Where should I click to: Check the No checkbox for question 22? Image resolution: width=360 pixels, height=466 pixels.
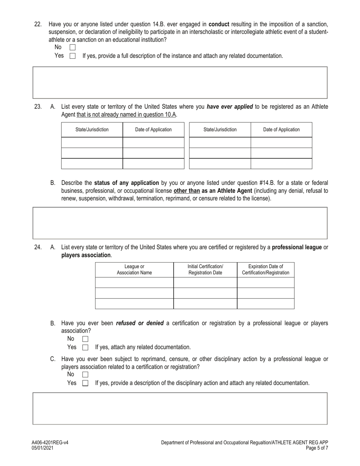point(72,47)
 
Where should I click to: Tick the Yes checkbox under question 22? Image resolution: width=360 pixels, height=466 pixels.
point(72,56)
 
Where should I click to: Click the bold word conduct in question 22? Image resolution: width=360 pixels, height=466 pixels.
point(219,24)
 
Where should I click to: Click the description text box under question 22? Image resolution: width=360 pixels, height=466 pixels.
point(180,83)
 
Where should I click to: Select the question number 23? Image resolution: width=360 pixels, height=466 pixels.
point(38,107)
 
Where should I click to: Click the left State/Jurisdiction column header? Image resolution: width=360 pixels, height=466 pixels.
point(92,130)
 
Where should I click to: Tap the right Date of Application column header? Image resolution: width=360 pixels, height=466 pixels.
point(281,130)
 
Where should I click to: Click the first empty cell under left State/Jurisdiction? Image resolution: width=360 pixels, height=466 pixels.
point(92,143)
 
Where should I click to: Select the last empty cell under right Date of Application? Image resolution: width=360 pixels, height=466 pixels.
point(281,164)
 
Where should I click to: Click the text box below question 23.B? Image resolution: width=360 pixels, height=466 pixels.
point(180,223)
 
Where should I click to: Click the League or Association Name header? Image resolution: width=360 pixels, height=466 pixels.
point(134,270)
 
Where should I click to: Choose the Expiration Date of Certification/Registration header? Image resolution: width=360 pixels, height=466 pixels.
point(265,270)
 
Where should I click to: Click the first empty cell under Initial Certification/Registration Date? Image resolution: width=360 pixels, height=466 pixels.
point(205,283)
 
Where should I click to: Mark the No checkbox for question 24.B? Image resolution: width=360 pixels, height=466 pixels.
point(85,339)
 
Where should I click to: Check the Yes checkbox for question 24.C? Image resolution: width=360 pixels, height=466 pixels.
point(85,383)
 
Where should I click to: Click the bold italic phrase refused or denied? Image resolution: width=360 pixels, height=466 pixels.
point(139,323)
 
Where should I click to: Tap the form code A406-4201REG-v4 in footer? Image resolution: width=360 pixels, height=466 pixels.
point(50,443)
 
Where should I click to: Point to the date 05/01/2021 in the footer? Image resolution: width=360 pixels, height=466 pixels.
point(42,448)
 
